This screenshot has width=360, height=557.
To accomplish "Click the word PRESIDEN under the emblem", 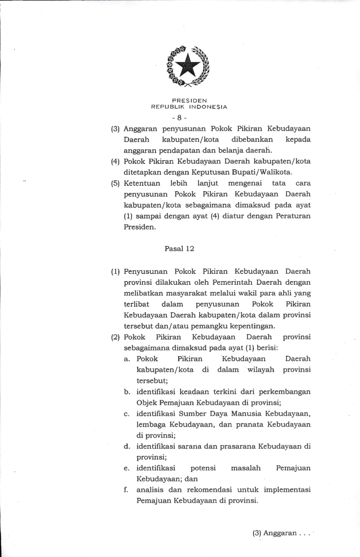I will pyautogui.click(x=189, y=101).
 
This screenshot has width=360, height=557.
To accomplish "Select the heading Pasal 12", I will pyautogui.click(x=179, y=249).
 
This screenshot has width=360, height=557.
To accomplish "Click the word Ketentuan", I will pyautogui.click(x=142, y=183).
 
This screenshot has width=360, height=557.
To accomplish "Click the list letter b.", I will pyautogui.click(x=127, y=392).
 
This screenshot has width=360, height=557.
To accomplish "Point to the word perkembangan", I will pyautogui.click(x=285, y=392).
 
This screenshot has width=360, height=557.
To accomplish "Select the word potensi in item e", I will pyautogui.click(x=203, y=468).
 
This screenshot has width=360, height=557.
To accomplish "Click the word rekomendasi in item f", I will pyautogui.click(x=209, y=490).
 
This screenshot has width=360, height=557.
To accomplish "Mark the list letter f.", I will pyautogui.click(x=126, y=490).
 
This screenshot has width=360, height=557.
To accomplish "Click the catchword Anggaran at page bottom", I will pyautogui.click(x=280, y=533).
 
